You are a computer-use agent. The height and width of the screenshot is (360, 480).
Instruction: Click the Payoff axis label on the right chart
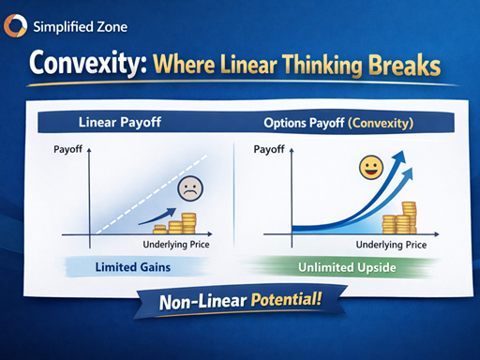click(x=269, y=148)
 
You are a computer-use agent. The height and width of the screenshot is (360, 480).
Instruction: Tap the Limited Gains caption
click(x=138, y=268)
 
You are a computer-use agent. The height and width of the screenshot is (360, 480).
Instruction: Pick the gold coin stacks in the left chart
click(x=179, y=225)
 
